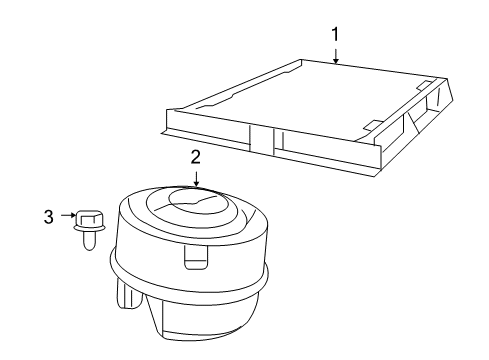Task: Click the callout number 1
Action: coord(336,34)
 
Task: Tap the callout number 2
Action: coord(196,156)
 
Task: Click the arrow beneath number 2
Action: coord(196,177)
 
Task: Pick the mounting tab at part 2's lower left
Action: coord(127,294)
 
